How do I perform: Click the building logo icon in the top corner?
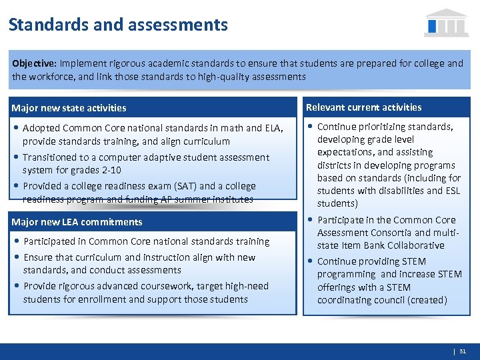446,23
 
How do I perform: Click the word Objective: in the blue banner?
34,63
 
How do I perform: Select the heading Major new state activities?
69,108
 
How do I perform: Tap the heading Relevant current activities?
363,107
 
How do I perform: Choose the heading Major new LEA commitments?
77,222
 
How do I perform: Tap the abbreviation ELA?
274,127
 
